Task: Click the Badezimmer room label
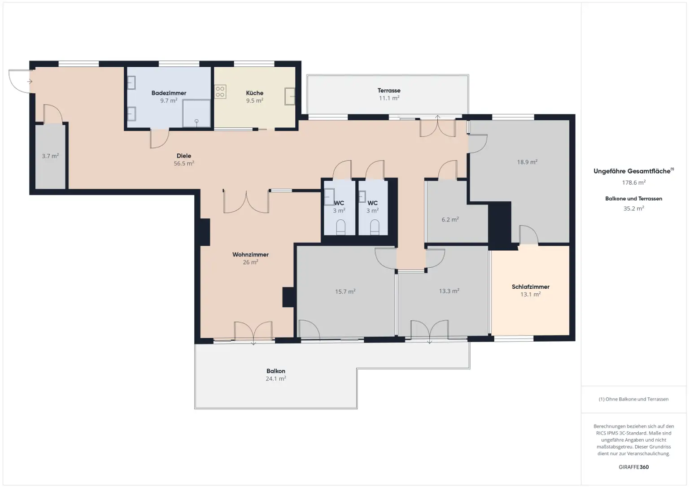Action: pos(169,93)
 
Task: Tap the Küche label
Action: pos(254,93)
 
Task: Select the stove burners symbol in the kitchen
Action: pos(220,92)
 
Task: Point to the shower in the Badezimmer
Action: pos(196,113)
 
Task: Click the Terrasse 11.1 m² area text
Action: pos(389,98)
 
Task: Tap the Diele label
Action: pos(183,156)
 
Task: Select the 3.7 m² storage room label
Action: pos(50,156)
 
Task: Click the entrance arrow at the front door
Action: pos(30,82)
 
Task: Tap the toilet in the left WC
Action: pos(340,227)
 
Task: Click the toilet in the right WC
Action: pos(375,227)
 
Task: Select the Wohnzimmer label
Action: pos(250,255)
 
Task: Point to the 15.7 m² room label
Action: pos(345,291)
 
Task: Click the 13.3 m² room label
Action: pos(449,291)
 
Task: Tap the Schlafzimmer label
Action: pos(530,287)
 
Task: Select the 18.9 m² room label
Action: pos(527,162)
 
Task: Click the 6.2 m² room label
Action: pos(450,220)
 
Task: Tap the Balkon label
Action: pos(275,371)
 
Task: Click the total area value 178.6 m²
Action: pos(633,183)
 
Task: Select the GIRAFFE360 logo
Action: pos(633,467)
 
